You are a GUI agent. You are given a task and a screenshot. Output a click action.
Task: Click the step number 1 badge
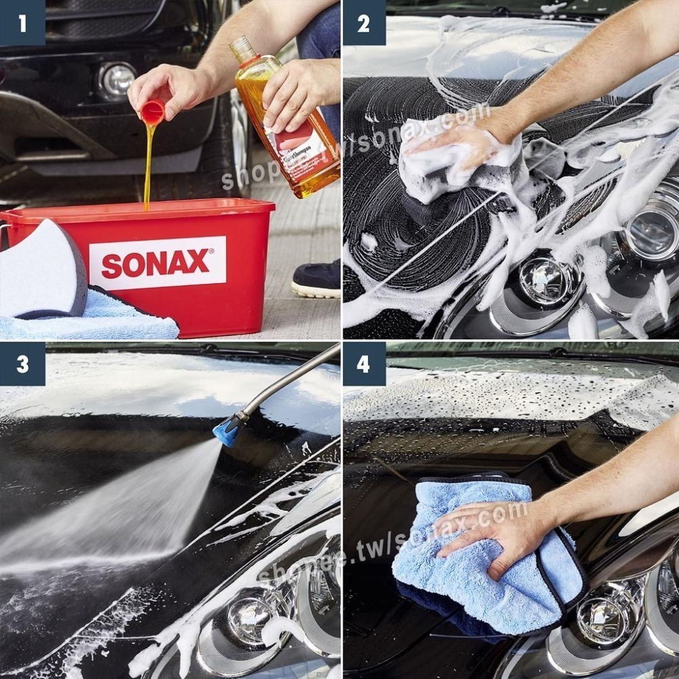[x=22, y=23]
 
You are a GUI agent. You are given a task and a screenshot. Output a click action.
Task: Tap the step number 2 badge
[x=364, y=23]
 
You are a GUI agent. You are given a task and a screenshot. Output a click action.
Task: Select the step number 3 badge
[x=22, y=364]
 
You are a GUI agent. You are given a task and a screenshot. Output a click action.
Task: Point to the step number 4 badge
[x=364, y=364]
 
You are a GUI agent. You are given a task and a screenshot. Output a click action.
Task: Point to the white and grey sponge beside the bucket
[x=42, y=268]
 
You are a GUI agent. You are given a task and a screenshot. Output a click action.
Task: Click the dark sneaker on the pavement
[x=317, y=278]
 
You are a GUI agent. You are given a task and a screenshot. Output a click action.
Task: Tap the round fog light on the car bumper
[x=117, y=80]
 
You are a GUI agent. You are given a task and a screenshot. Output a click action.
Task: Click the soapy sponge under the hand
[x=455, y=163]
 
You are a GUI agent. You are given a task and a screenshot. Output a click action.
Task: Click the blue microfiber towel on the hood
[x=475, y=564]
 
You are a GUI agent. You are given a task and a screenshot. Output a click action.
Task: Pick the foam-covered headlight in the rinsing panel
[x=255, y=614]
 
